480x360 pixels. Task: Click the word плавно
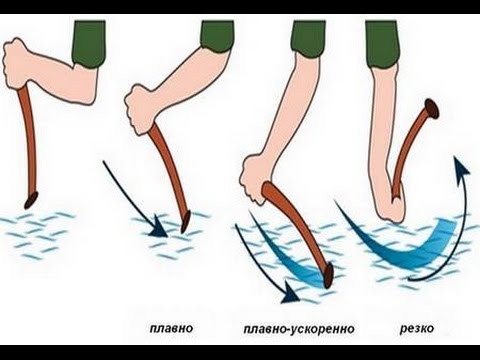click(x=173, y=327)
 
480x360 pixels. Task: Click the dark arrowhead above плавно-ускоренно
click(x=289, y=294)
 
